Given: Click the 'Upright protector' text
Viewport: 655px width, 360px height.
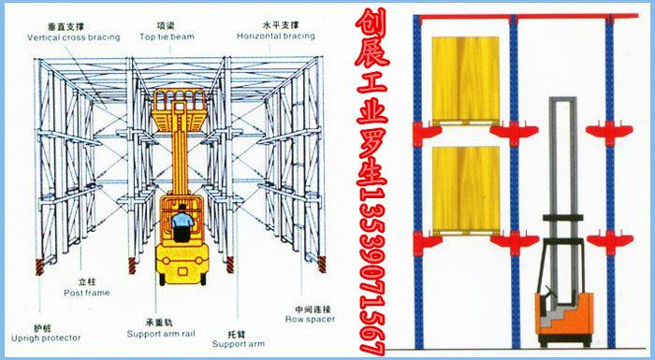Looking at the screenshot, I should tap(45, 337).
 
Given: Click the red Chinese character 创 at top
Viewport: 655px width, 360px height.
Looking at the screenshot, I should tap(369, 25).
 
